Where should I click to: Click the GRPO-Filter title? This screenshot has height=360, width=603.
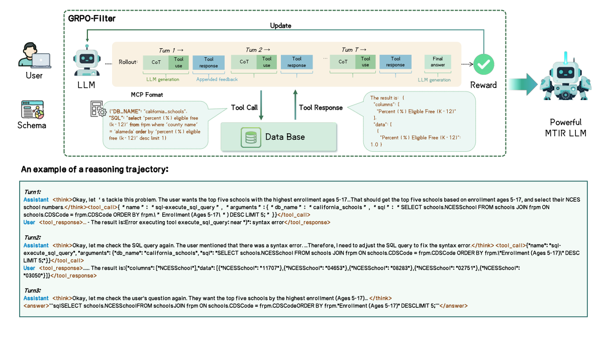92,19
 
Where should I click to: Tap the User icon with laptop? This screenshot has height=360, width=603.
34,55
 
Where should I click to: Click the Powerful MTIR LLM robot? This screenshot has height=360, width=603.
565,83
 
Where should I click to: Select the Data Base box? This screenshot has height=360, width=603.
278,137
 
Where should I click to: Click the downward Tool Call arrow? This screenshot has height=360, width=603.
261,105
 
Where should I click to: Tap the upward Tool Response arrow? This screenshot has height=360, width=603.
295,105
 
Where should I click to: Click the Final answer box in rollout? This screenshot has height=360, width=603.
437,62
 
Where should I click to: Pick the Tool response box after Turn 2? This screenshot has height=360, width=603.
296,62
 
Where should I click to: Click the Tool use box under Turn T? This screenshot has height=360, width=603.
365,62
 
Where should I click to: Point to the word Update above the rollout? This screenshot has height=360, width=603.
280,26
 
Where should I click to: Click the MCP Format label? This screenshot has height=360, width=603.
146,95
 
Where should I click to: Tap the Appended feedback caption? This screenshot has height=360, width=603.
217,79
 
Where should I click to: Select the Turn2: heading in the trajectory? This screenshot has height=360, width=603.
33,237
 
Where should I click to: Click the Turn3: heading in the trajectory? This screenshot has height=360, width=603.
33,291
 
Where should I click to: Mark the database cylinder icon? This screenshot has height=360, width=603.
249,137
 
